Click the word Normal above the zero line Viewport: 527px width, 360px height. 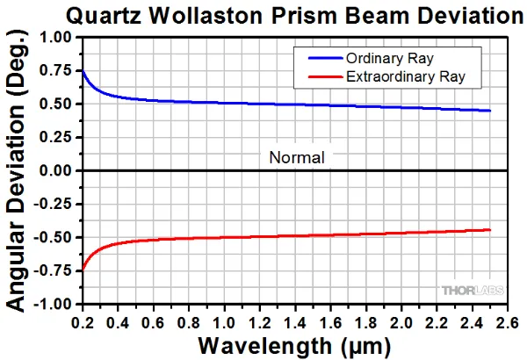click(297, 158)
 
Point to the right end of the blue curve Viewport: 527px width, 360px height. click(489, 111)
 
